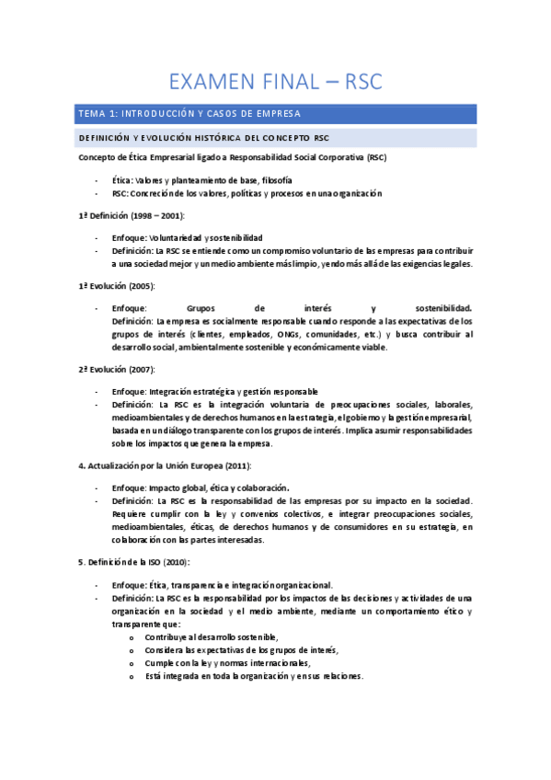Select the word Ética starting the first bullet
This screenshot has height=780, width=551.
[x=121, y=180]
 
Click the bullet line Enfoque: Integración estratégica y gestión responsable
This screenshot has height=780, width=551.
[x=214, y=391]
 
